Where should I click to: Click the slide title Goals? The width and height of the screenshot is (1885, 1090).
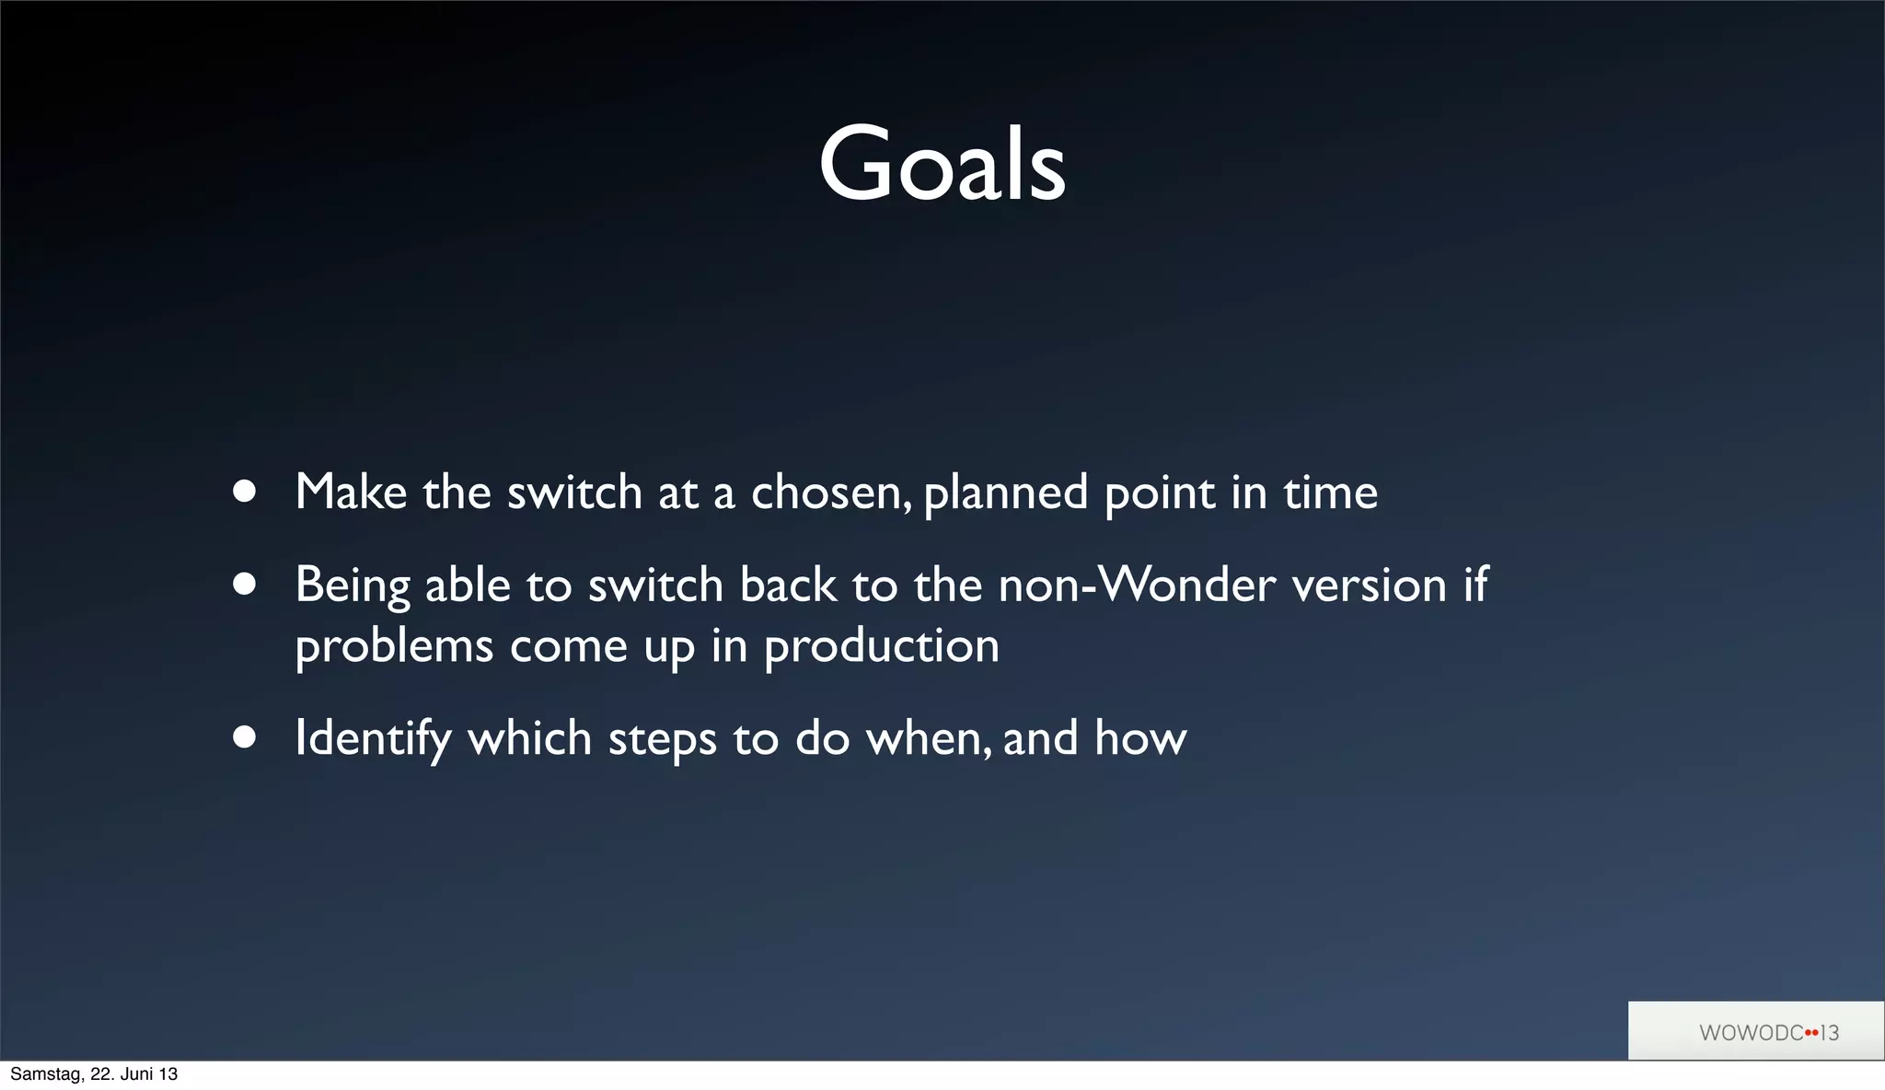[x=942, y=166]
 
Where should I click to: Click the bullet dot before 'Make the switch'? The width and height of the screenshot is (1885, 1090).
[x=244, y=492]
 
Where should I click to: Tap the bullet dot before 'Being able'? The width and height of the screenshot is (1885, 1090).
[x=244, y=585]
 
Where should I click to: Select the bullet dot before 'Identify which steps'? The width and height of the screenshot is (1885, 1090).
[x=244, y=737]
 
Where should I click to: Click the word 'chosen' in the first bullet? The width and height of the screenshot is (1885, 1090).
[x=831, y=493]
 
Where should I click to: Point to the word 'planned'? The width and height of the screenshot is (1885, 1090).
[x=1005, y=494]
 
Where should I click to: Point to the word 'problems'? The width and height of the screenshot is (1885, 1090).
[x=394, y=646]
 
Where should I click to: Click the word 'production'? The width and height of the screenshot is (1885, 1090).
[x=881, y=646]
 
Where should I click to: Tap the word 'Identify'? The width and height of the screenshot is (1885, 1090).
[x=373, y=739]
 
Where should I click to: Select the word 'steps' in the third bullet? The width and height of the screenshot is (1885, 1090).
[x=662, y=739]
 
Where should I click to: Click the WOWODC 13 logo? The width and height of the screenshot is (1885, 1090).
[x=1755, y=1032]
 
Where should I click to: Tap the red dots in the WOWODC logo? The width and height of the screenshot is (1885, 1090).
[x=1811, y=1033]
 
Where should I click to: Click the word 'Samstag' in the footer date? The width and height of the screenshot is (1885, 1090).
[x=43, y=1074]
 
